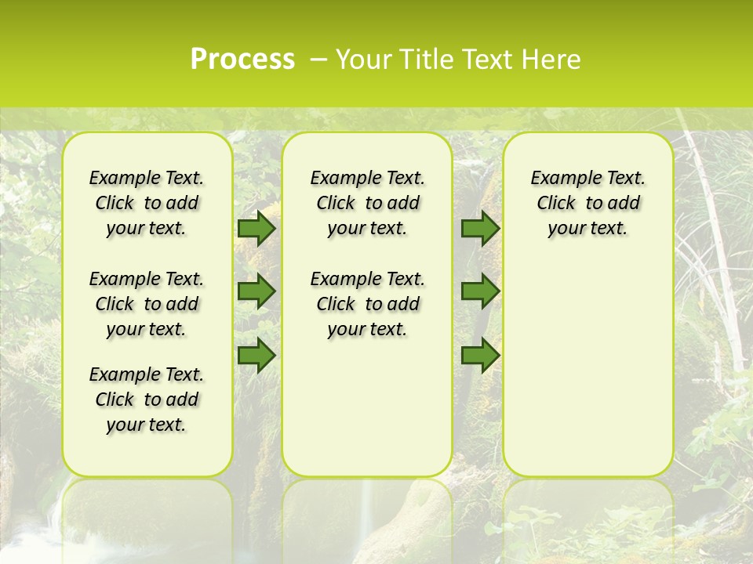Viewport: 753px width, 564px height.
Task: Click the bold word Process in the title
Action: click(242, 59)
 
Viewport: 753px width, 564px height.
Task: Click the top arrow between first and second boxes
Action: click(256, 228)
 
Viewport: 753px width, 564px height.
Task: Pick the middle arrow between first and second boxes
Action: click(256, 291)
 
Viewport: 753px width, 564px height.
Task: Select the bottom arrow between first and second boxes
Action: click(256, 355)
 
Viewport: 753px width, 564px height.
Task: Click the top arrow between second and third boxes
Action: click(480, 228)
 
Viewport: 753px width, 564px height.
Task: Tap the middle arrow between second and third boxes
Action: click(480, 291)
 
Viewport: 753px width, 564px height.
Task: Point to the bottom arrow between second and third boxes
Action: click(480, 355)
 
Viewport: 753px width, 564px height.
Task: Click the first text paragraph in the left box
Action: click(147, 203)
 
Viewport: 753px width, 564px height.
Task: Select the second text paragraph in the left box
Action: click(147, 304)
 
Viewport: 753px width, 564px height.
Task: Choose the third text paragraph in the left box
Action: click(147, 399)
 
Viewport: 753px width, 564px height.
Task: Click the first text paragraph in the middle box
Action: click(367, 203)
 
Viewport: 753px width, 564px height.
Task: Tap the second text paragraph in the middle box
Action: click(367, 304)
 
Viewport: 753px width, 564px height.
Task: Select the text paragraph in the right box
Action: click(587, 203)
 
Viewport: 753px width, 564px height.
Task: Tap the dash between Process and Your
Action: click(318, 60)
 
